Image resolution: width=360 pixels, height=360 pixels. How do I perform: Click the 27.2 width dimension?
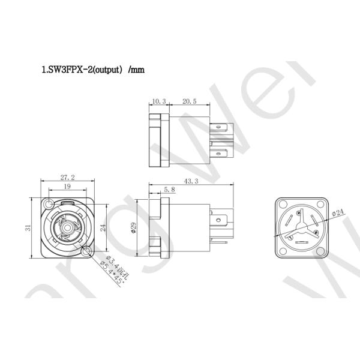point(67,178)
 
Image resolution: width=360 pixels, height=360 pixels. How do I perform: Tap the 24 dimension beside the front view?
point(103,228)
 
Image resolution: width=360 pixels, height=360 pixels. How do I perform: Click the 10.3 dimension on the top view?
point(158,102)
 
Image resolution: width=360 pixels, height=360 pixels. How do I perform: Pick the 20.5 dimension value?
point(188,102)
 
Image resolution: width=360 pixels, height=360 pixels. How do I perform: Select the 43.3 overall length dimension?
point(191,181)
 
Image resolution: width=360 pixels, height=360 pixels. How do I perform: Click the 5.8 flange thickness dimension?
point(169,190)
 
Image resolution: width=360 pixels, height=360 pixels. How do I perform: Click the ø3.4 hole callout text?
point(113,264)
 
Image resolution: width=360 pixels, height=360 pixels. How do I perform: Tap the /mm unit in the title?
point(136,70)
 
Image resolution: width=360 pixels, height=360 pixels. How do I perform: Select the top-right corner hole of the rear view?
point(321,205)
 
